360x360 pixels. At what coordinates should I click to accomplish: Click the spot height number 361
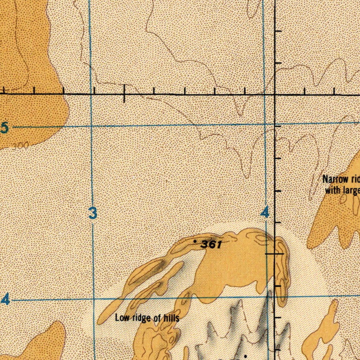click(x=211, y=244)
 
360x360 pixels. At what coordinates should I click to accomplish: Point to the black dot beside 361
click(x=195, y=241)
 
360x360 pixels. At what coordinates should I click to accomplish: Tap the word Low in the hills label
click(x=122, y=318)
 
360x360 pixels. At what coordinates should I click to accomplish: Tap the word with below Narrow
click(x=332, y=191)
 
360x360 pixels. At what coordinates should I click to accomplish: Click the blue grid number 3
click(x=92, y=213)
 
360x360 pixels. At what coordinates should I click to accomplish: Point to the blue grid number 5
click(x=4, y=128)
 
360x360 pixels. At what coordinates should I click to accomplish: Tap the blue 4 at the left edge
click(x=5, y=300)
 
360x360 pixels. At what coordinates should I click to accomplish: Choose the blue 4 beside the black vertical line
click(x=265, y=212)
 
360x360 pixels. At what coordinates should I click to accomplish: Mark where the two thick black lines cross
click(x=275, y=95)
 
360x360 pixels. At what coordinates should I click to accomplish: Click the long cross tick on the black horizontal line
click(x=124, y=94)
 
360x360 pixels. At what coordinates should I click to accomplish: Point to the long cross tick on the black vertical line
click(x=275, y=253)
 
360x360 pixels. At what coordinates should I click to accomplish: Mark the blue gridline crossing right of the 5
click(x=91, y=125)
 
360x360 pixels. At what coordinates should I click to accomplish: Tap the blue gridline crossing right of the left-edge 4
click(x=94, y=299)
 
